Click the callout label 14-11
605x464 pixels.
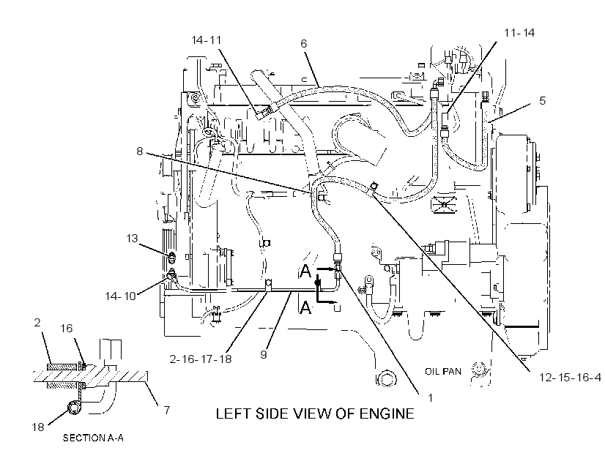(x=207, y=40)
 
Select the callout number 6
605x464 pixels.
(x=304, y=44)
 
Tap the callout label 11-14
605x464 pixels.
(x=519, y=33)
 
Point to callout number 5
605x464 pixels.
(x=543, y=100)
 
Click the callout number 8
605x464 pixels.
(x=140, y=151)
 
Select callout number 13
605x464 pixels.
(x=132, y=238)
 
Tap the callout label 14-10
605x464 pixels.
(x=120, y=296)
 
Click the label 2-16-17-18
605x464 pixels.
(x=201, y=359)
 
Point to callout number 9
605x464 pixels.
(x=264, y=354)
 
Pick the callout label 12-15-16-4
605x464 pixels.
(x=570, y=378)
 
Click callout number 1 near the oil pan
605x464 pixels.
(x=431, y=397)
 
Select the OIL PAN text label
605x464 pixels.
(x=443, y=372)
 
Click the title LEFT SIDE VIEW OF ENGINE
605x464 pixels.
(x=315, y=414)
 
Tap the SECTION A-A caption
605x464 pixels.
(x=93, y=438)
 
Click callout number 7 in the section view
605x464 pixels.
(x=167, y=410)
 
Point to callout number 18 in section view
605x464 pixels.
(x=38, y=427)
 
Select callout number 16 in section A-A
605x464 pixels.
(x=67, y=328)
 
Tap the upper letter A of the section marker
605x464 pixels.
(x=305, y=272)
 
